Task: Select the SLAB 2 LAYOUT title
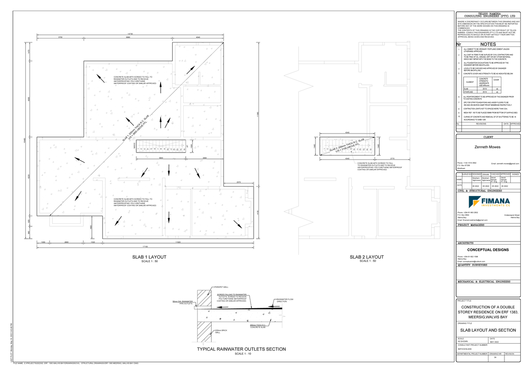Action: [x=366, y=257]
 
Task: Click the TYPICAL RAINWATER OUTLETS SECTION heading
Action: [x=241, y=349]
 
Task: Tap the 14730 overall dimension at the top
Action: [x=129, y=34]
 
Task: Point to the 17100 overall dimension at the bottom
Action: [x=145, y=247]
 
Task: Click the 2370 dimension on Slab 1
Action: [x=239, y=182]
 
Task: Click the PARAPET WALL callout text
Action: [x=221, y=287]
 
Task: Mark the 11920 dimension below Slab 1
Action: [x=178, y=242]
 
